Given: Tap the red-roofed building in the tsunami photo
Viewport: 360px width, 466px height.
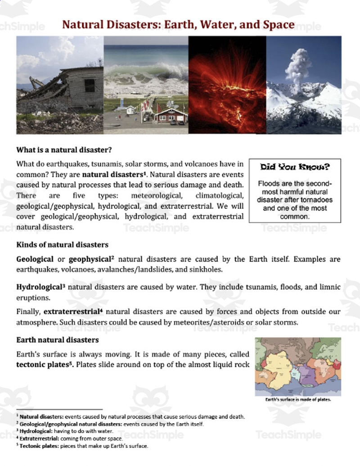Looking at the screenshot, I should [170, 116].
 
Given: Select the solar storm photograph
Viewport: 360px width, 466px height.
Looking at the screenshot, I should [227, 85].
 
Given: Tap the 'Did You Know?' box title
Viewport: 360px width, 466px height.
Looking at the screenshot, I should [295, 167].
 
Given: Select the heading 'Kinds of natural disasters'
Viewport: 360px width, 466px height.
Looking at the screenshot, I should [62, 244].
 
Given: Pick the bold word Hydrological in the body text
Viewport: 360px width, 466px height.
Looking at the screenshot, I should [38, 287].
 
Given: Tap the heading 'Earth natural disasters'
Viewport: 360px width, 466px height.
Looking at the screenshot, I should [58, 339].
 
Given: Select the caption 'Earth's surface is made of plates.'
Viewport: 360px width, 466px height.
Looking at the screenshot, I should [298, 399].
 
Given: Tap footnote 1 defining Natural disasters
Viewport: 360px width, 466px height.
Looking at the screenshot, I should [130, 416].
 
